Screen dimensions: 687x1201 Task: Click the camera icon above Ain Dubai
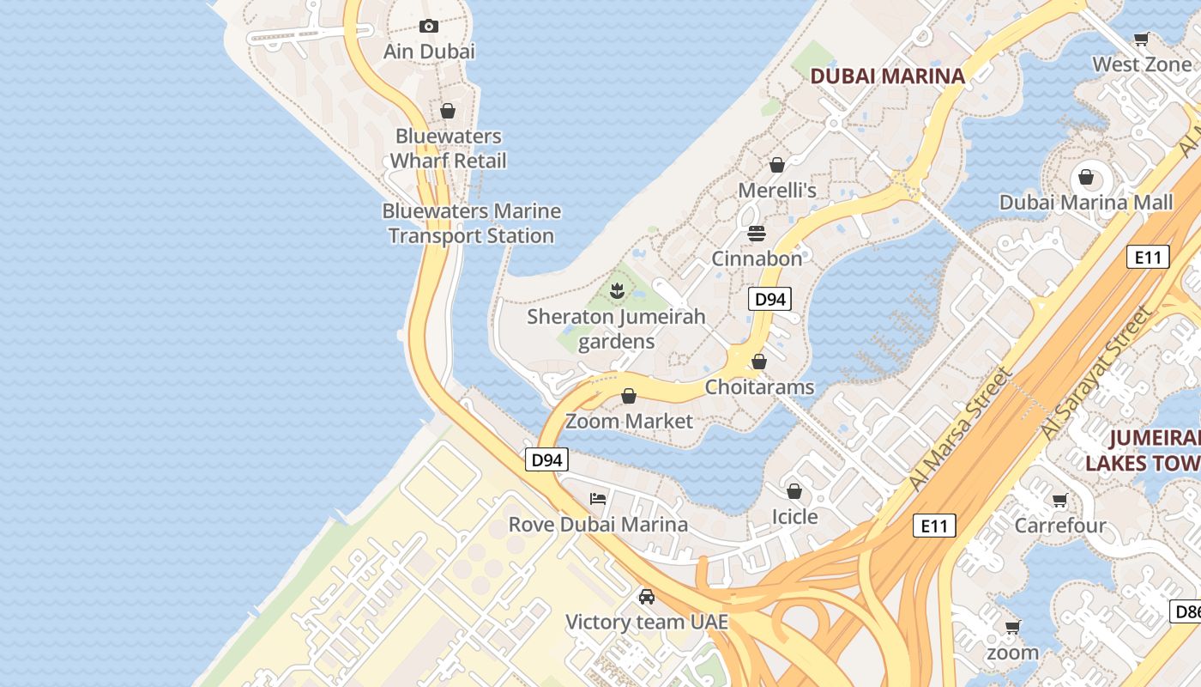(x=429, y=27)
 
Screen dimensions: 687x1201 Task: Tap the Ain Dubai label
(x=429, y=52)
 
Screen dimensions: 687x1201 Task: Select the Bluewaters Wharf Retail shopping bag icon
(x=447, y=111)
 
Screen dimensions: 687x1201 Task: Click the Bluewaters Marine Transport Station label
(x=471, y=223)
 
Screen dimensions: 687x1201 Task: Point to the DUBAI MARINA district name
(x=887, y=76)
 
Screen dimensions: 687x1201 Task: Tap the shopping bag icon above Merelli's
(x=777, y=165)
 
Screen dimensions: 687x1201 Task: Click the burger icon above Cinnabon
(x=757, y=234)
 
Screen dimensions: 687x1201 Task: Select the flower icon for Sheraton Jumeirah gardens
(x=616, y=291)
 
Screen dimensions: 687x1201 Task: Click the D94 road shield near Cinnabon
(x=769, y=299)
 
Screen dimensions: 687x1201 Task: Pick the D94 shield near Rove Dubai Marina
(x=546, y=460)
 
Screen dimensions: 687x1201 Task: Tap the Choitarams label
(x=759, y=387)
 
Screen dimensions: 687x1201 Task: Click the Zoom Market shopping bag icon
(x=629, y=396)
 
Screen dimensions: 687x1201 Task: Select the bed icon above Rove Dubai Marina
(x=598, y=499)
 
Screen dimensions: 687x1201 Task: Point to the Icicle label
(x=794, y=517)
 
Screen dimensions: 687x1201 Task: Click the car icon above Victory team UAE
(x=647, y=597)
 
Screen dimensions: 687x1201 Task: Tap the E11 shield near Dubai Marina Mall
(x=1147, y=257)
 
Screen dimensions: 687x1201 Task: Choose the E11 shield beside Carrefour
(x=934, y=526)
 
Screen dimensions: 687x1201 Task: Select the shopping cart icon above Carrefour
(x=1060, y=500)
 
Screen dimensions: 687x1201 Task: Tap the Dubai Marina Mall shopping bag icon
(x=1086, y=178)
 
